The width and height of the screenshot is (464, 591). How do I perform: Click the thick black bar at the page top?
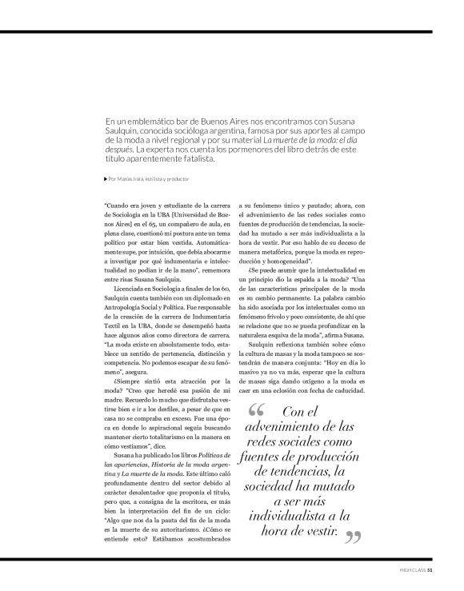(232, 32)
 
